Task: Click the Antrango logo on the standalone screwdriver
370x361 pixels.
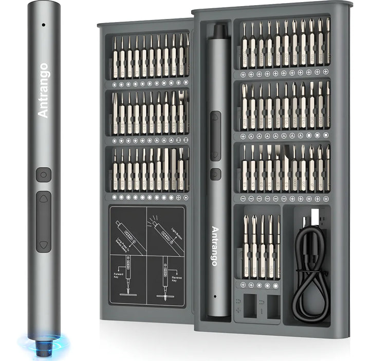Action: (x=43, y=90)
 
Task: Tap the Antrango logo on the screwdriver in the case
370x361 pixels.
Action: (x=215, y=246)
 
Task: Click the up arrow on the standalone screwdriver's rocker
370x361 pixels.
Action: (x=44, y=200)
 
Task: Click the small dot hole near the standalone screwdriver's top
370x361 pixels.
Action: (x=43, y=24)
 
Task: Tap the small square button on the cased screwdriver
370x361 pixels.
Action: (x=216, y=174)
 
